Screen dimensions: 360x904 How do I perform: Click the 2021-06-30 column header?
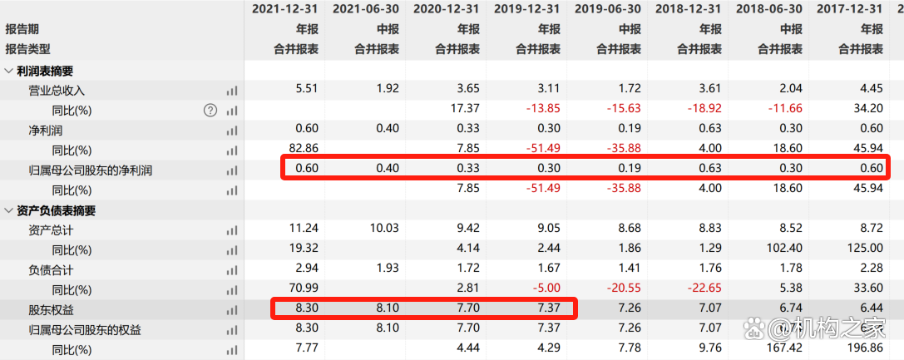(366, 9)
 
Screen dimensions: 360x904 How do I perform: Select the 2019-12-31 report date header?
(527, 9)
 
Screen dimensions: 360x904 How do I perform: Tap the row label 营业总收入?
(57, 90)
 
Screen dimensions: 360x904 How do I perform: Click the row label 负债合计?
(51, 270)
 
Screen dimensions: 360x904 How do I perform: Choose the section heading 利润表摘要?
(45, 71)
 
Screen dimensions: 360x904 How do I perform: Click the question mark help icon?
(210, 110)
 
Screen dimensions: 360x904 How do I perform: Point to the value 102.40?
(783, 250)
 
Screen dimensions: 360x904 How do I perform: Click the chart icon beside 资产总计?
(231, 230)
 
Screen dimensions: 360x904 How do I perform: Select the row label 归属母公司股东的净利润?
(91, 170)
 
